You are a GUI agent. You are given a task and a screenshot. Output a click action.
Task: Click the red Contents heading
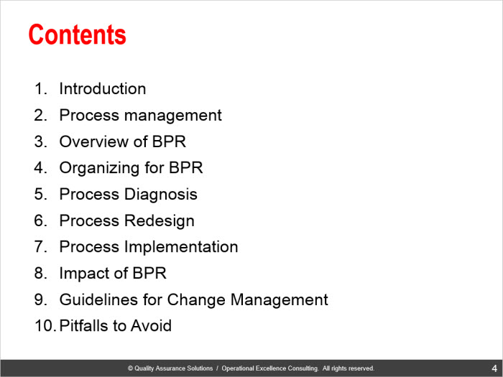[x=78, y=34]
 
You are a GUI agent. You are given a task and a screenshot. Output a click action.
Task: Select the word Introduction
[x=103, y=88]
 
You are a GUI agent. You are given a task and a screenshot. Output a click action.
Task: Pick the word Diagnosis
[x=161, y=195]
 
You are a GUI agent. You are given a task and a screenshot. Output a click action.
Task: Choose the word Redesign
[x=160, y=221]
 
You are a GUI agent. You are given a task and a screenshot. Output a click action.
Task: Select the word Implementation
[x=181, y=248]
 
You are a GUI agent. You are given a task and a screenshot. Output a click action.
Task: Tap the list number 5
[x=41, y=195]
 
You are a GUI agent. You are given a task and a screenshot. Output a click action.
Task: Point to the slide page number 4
[x=494, y=368]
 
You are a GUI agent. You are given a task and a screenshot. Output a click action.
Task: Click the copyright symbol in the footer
[x=130, y=368]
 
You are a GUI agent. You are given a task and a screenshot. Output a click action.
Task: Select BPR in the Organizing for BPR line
[x=185, y=167]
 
